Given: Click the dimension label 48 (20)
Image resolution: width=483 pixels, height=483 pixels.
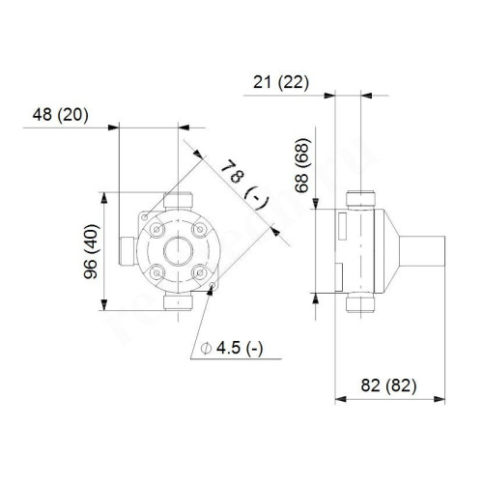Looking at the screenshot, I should tap(60, 114).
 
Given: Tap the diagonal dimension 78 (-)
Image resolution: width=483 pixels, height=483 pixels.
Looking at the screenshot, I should tap(241, 185).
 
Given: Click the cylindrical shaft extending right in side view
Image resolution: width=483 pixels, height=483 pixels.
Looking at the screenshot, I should tap(424, 252).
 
